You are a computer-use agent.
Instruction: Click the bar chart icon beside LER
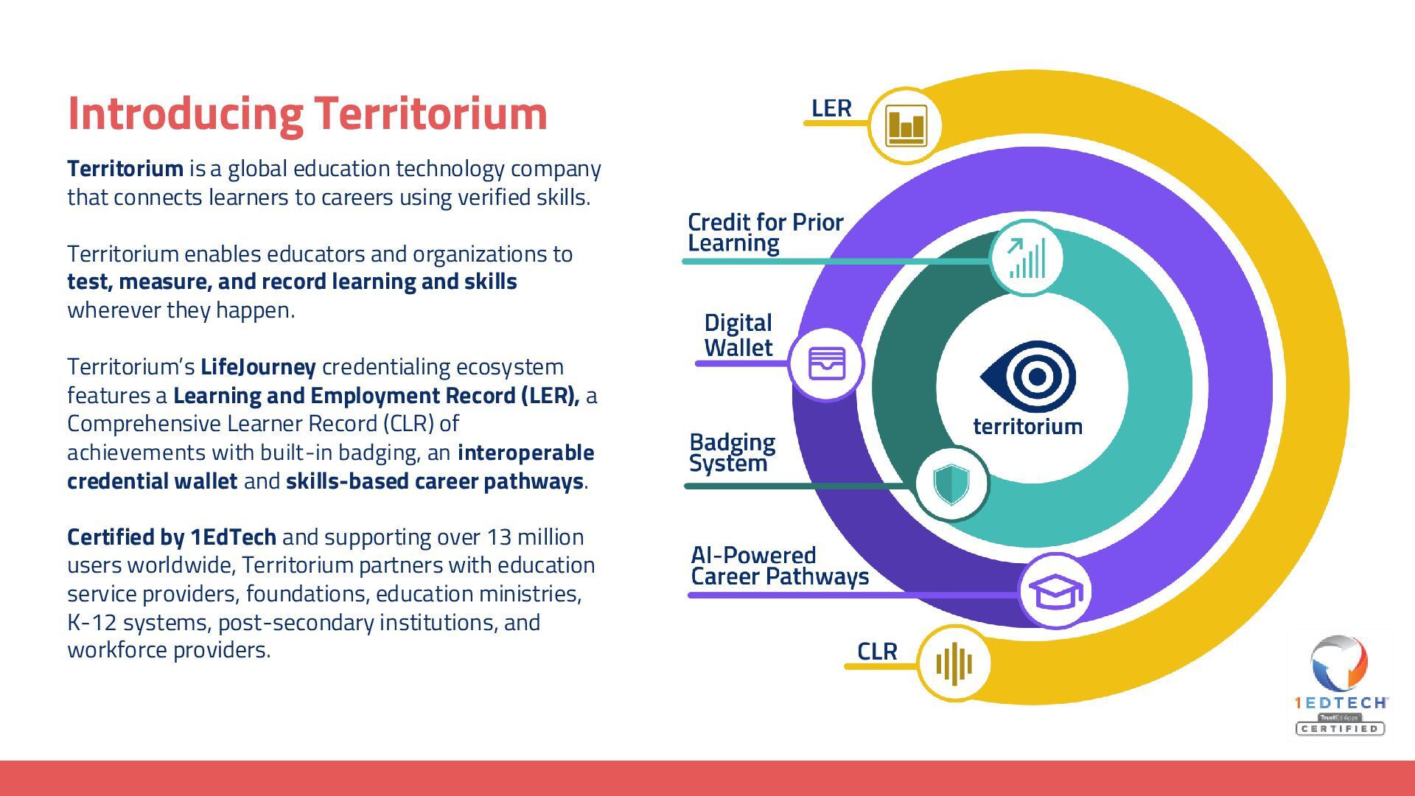(x=906, y=126)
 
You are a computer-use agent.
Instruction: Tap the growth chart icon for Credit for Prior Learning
(x=1027, y=258)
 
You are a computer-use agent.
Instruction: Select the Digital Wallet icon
(x=826, y=364)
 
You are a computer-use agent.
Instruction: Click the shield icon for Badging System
(x=951, y=484)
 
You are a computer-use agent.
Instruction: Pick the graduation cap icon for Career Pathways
(x=1055, y=591)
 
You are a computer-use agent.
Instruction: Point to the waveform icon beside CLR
(x=954, y=663)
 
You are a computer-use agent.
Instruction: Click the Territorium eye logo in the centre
(x=1029, y=377)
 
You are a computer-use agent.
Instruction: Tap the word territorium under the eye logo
(x=1027, y=427)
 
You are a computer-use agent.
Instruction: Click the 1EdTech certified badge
(x=1341, y=685)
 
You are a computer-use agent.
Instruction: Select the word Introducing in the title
(x=185, y=114)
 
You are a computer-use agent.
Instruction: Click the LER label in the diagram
(x=831, y=108)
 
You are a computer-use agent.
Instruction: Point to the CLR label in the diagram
(x=877, y=652)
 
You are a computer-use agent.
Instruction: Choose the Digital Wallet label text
(x=738, y=335)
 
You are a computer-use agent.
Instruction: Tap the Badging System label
(x=732, y=453)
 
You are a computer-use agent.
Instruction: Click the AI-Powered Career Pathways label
(x=779, y=565)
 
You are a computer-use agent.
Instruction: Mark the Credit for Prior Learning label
(x=765, y=232)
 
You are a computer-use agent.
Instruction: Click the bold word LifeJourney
(x=258, y=367)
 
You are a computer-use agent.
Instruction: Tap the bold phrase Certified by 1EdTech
(x=172, y=537)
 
